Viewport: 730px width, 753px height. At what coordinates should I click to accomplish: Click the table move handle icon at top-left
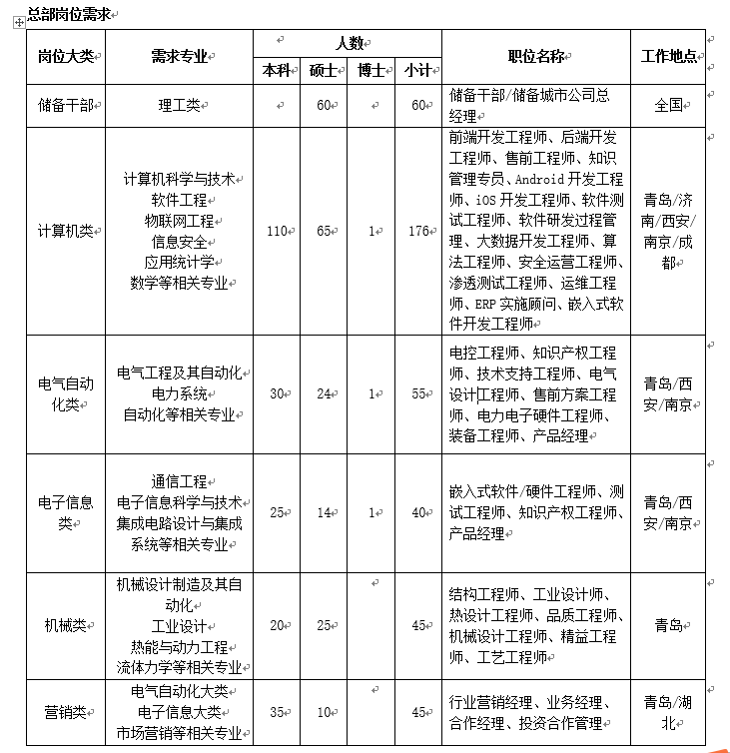point(18,21)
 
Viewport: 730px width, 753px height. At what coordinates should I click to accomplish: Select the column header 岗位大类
point(64,56)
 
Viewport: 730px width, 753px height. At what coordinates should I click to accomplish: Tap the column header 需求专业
point(179,56)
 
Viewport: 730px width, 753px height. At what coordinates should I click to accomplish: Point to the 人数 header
point(348,43)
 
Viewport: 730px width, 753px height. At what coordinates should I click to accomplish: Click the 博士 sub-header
point(370,71)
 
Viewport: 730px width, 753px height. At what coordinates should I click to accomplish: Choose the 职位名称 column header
point(536,56)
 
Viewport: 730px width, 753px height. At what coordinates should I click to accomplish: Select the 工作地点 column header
point(668,56)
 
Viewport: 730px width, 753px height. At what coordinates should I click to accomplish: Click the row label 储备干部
point(64,104)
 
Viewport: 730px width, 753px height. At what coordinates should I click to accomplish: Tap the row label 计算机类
point(64,231)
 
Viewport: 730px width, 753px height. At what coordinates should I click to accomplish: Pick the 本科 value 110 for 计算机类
point(277,231)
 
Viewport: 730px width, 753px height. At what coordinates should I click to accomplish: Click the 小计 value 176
point(417,231)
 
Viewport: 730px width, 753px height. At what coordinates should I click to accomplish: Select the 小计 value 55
point(418,392)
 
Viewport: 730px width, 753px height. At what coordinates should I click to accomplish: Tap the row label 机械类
point(64,625)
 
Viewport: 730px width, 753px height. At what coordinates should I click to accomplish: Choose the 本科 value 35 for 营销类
point(277,712)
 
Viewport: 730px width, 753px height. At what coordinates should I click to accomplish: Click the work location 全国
point(668,104)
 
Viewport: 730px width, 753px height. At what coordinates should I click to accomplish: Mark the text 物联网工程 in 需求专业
point(179,220)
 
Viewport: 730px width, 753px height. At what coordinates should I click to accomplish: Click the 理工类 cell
point(179,104)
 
